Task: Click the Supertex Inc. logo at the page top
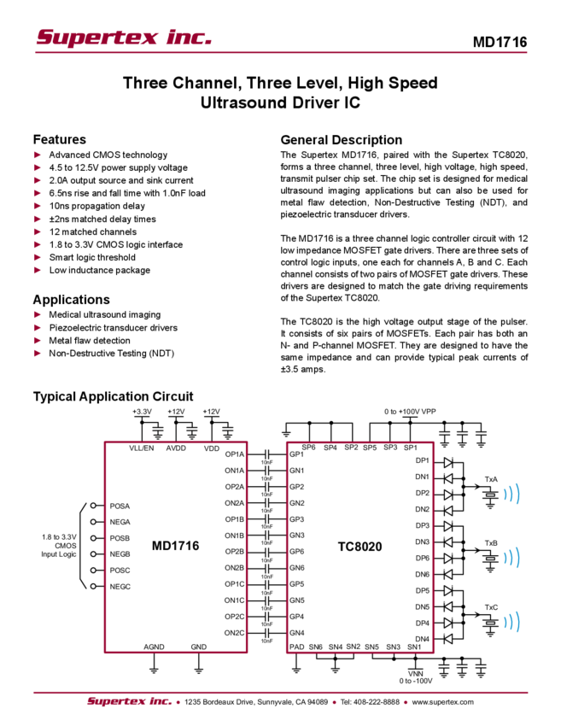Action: pyautogui.click(x=124, y=37)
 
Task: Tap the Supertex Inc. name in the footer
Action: pyautogui.click(x=129, y=701)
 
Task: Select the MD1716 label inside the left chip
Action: pyautogui.click(x=175, y=545)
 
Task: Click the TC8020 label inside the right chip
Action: pyautogui.click(x=359, y=545)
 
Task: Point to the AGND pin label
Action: pyautogui.click(x=154, y=647)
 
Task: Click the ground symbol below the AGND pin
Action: pyautogui.click(x=154, y=670)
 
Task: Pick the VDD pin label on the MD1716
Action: pyautogui.click(x=212, y=448)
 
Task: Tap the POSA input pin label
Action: pyautogui.click(x=120, y=505)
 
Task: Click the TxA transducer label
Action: pyautogui.click(x=490, y=478)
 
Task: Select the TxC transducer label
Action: pyautogui.click(x=490, y=607)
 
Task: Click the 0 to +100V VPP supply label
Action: pyautogui.click(x=410, y=410)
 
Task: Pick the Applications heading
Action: pyautogui.click(x=72, y=300)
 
